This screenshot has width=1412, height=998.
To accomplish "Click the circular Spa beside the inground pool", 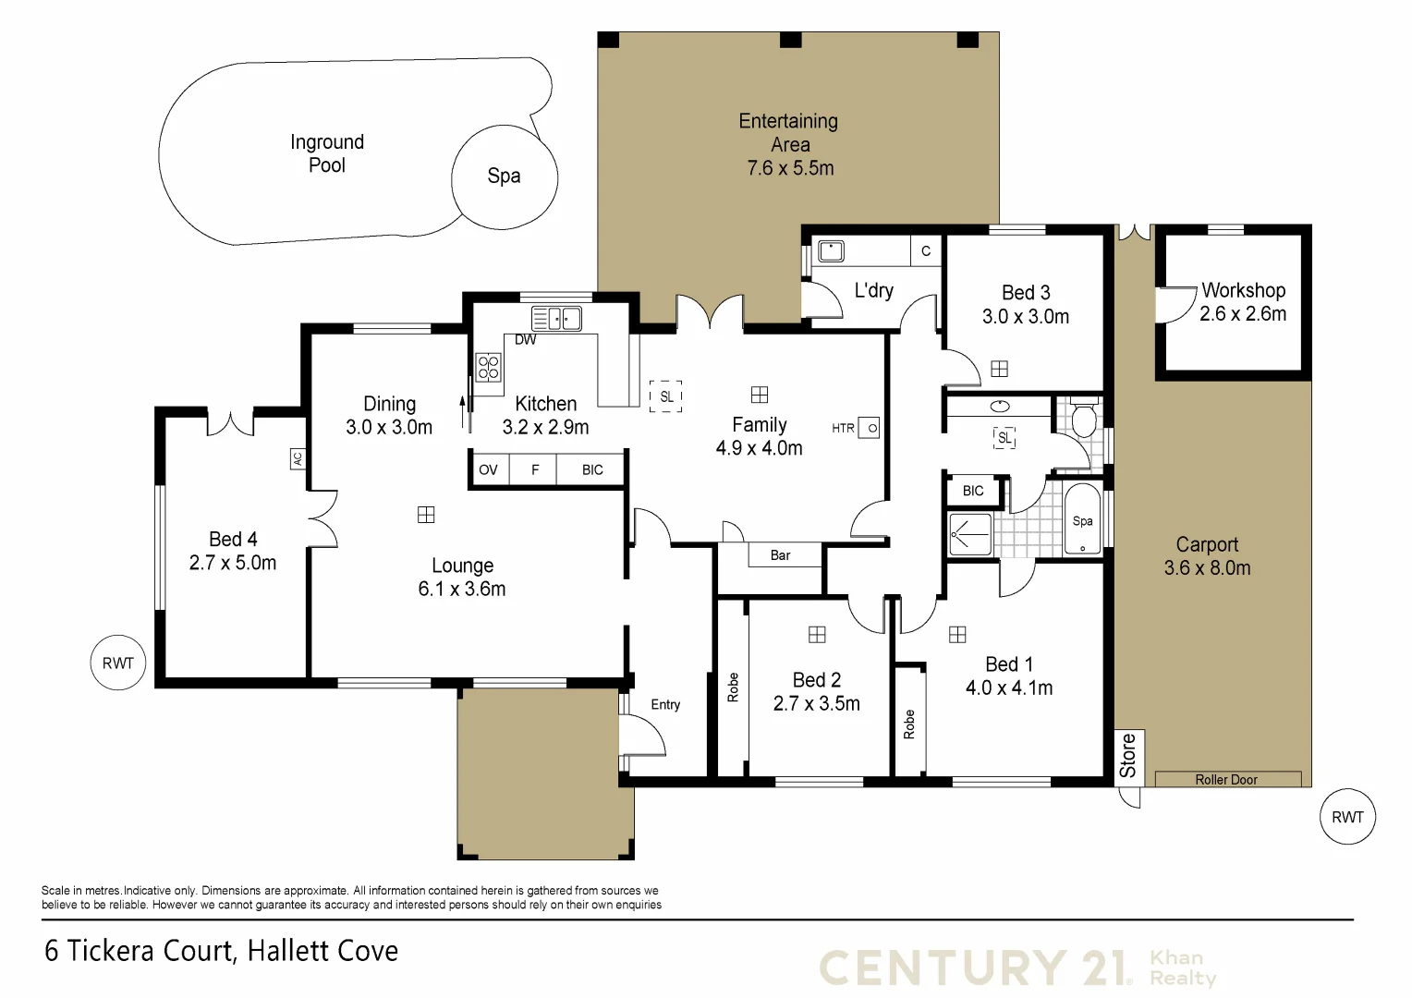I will click(504, 176).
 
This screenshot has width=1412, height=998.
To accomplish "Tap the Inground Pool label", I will click(327, 153).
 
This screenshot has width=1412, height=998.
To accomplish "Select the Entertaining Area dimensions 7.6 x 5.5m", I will click(790, 168).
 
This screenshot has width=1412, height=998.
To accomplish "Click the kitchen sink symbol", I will click(556, 319).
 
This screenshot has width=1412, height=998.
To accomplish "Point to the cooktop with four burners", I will click(488, 368).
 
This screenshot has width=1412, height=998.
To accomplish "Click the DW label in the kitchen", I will click(525, 340).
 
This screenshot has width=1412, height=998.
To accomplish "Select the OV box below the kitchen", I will click(488, 469).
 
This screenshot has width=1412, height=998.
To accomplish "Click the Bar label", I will click(780, 555).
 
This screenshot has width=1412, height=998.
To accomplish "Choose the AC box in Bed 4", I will click(298, 458).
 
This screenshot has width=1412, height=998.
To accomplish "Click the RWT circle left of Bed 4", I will click(118, 663).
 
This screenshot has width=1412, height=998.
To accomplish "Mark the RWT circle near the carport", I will click(1347, 817).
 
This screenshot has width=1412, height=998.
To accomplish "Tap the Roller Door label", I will click(1226, 780).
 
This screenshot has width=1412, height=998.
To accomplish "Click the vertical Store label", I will click(1127, 755).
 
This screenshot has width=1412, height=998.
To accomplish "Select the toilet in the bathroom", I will click(1083, 420).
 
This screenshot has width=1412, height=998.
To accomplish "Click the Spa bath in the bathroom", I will click(1083, 521).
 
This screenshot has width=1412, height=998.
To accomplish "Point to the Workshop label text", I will click(1243, 290).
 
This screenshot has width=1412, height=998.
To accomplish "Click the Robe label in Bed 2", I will click(733, 688).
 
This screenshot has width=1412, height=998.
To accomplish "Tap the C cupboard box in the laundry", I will click(926, 250).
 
